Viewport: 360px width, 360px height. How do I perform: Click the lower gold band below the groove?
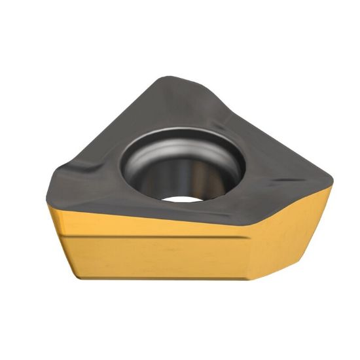[x=157, y=257]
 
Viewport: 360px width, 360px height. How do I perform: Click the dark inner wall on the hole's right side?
[x=219, y=173]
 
